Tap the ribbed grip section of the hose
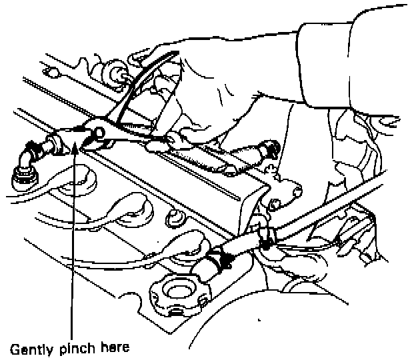click(200, 157)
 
